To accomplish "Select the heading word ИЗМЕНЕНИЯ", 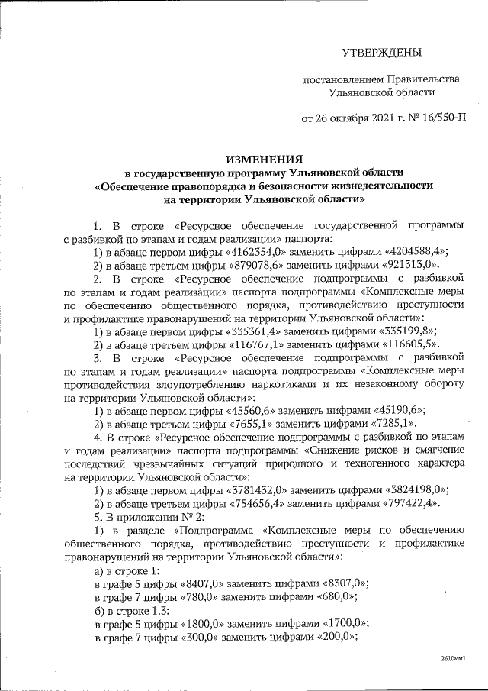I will (x=263, y=158).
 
